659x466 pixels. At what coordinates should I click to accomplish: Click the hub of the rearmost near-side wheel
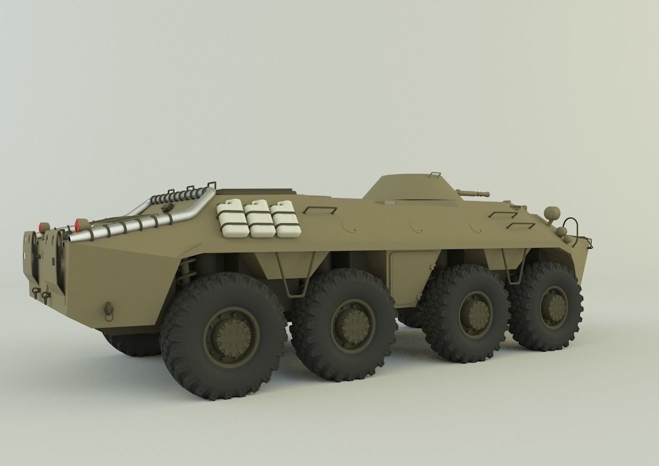tap(230, 334)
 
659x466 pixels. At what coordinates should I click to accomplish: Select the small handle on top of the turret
tap(435, 175)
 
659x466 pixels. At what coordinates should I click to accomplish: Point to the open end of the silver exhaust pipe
tap(70, 237)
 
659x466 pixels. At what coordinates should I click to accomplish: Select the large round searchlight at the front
tap(552, 212)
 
